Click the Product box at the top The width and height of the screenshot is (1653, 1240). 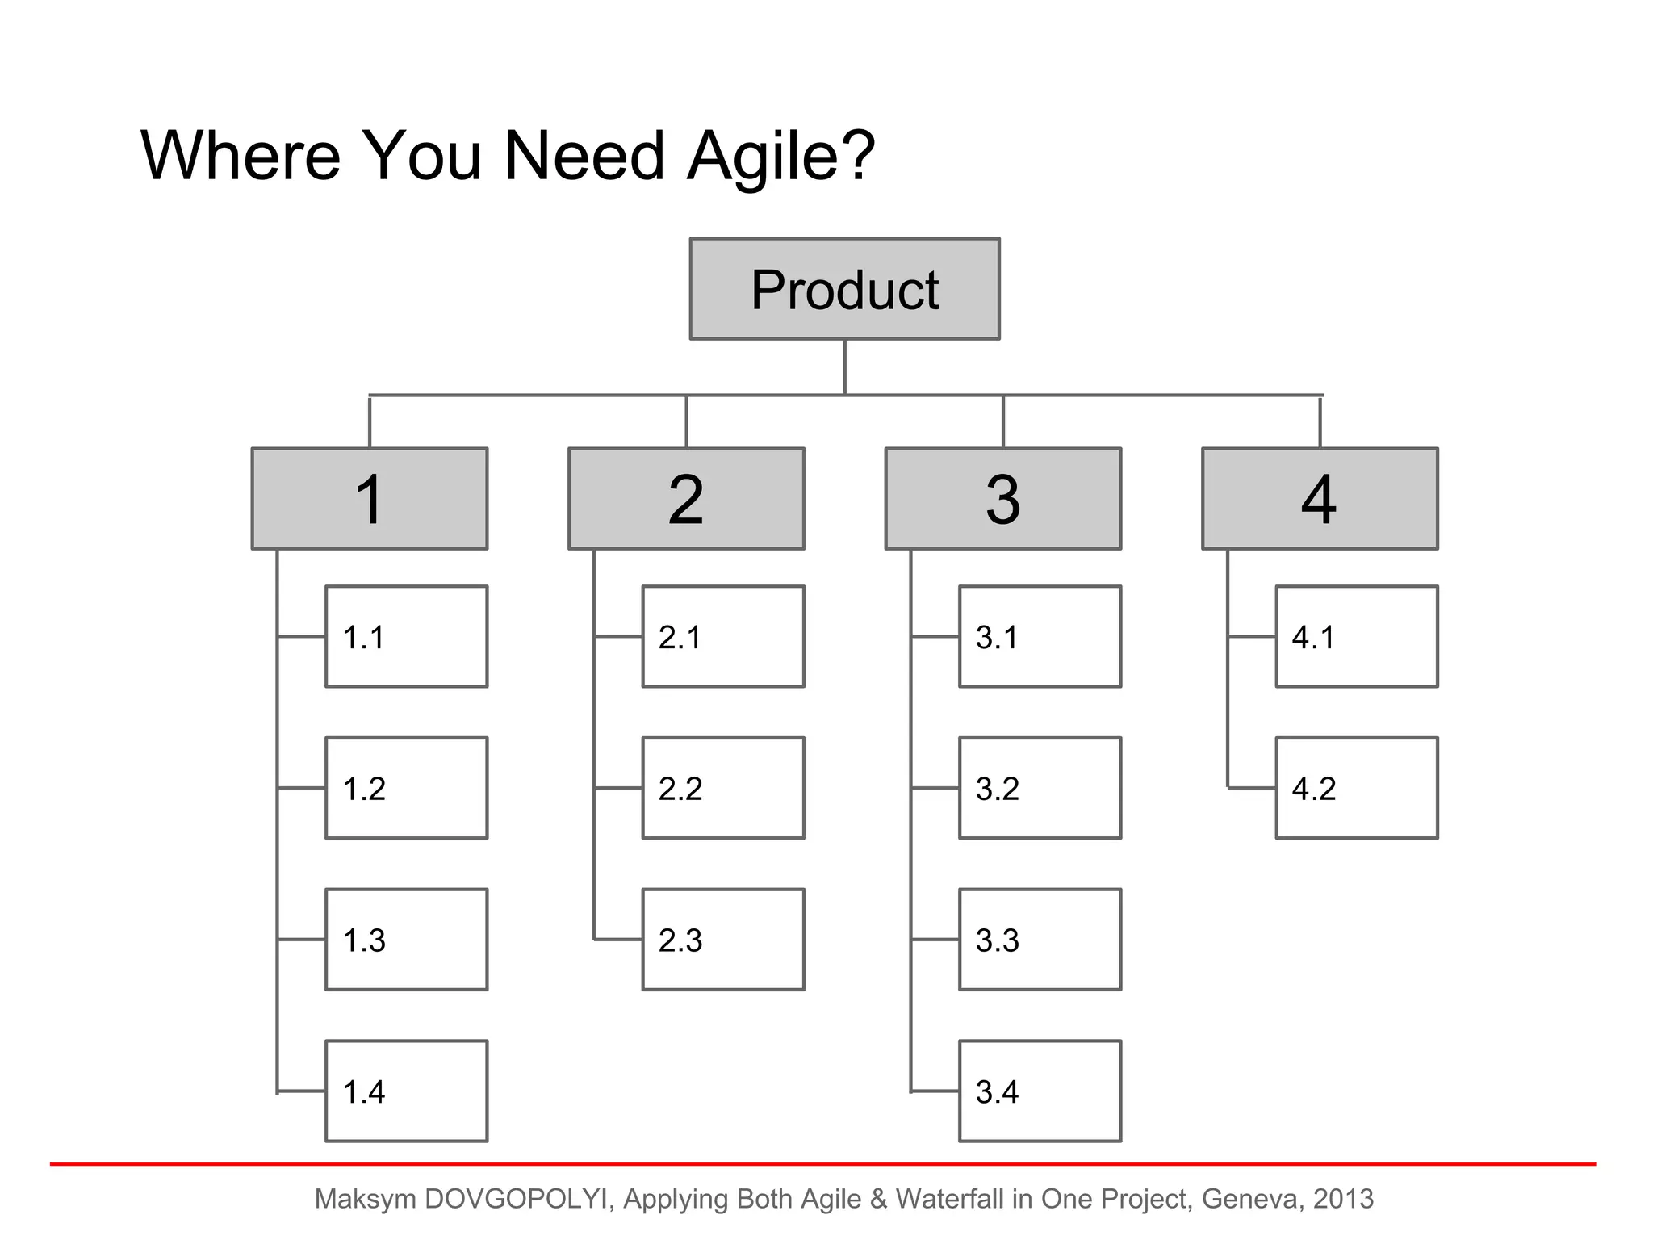[844, 289]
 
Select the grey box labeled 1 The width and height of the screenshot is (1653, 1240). [370, 499]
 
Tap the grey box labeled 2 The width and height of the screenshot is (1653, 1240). [686, 499]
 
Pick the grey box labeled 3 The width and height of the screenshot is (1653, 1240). [1002, 499]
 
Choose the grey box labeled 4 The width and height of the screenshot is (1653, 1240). [1320, 499]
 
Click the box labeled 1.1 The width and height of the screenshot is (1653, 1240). [406, 636]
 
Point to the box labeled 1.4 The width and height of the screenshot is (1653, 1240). [406, 1091]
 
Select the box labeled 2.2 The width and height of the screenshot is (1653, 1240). [722, 788]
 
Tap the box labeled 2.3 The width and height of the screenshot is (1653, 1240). [722, 940]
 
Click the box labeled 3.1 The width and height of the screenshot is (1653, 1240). [1040, 636]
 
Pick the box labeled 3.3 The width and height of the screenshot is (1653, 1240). [1040, 940]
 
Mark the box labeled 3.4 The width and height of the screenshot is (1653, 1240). [1040, 1091]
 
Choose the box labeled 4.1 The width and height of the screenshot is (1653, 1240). [1356, 636]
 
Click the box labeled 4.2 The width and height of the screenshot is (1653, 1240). [1356, 788]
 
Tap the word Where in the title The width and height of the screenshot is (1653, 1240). [241, 155]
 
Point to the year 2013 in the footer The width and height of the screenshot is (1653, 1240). [1343, 1199]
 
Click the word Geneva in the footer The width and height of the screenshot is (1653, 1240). [1250, 1199]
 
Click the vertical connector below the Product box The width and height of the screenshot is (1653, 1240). [844, 367]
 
